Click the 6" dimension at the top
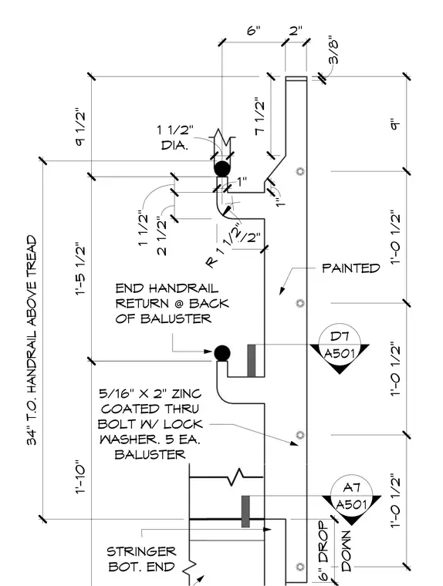254,30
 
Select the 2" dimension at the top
296,30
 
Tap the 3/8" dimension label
332,51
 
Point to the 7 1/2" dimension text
260,117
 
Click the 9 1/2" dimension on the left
80,127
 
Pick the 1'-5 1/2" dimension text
81,269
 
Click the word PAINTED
351,268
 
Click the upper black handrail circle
222,169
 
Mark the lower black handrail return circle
222,353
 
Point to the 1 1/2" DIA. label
175,137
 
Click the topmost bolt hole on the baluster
299,171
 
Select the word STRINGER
141,551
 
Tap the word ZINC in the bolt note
186,393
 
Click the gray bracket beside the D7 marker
252,361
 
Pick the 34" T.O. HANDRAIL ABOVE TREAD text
32,340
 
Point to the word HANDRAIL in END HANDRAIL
184,288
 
